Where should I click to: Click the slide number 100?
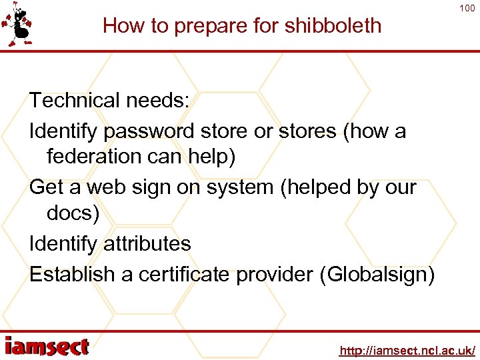[466, 8]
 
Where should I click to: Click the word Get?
[46, 187]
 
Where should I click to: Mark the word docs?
[69, 213]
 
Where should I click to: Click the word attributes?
[147, 244]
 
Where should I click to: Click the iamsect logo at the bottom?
[47, 347]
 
